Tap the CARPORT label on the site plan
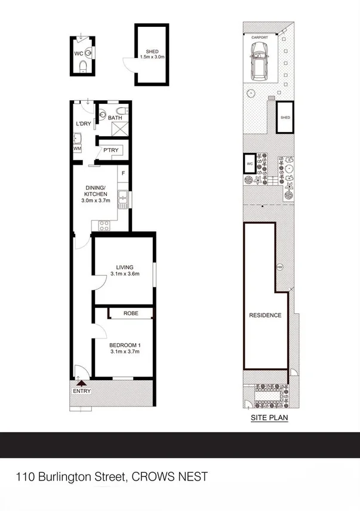(x=260, y=37)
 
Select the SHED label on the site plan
(x=285, y=118)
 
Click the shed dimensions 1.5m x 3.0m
(x=152, y=57)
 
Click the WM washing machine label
(x=77, y=147)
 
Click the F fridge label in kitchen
(x=123, y=174)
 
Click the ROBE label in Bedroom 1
(x=131, y=312)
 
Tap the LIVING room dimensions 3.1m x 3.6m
(x=125, y=274)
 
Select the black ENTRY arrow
(x=81, y=383)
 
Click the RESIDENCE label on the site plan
(x=265, y=315)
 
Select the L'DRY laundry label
(x=83, y=124)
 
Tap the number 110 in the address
(x=26, y=476)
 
